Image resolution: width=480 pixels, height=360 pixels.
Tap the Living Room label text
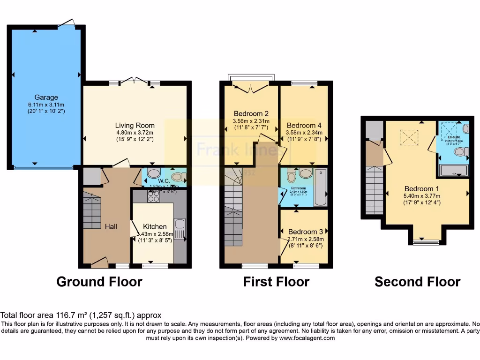tap(135, 125)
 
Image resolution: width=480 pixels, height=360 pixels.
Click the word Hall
tap(111, 226)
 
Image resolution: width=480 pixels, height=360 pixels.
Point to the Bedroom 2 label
tap(251, 113)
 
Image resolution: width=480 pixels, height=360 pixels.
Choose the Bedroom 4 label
tap(304, 125)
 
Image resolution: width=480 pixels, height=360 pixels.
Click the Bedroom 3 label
tap(306, 232)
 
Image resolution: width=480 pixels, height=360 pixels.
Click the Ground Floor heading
tap(99, 282)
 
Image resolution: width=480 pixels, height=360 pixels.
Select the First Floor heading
tap(276, 282)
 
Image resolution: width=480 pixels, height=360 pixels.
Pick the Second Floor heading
tap(417, 282)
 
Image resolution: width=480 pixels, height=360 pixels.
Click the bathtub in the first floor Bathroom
tap(321, 187)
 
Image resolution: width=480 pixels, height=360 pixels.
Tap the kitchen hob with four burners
tap(153, 197)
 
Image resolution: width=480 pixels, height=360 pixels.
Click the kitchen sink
tap(180, 226)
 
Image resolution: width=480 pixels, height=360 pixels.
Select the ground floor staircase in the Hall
tap(92, 212)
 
